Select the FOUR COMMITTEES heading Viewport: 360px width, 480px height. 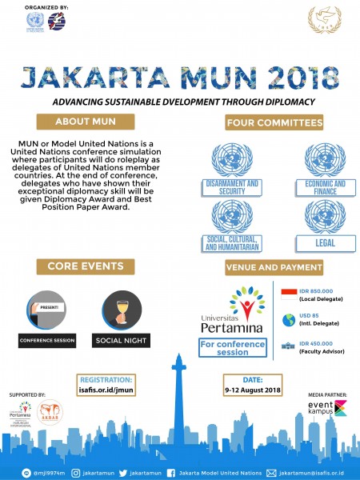point(274,123)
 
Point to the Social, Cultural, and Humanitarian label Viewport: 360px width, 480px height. point(233,243)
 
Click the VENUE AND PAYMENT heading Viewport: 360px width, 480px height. point(274,266)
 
